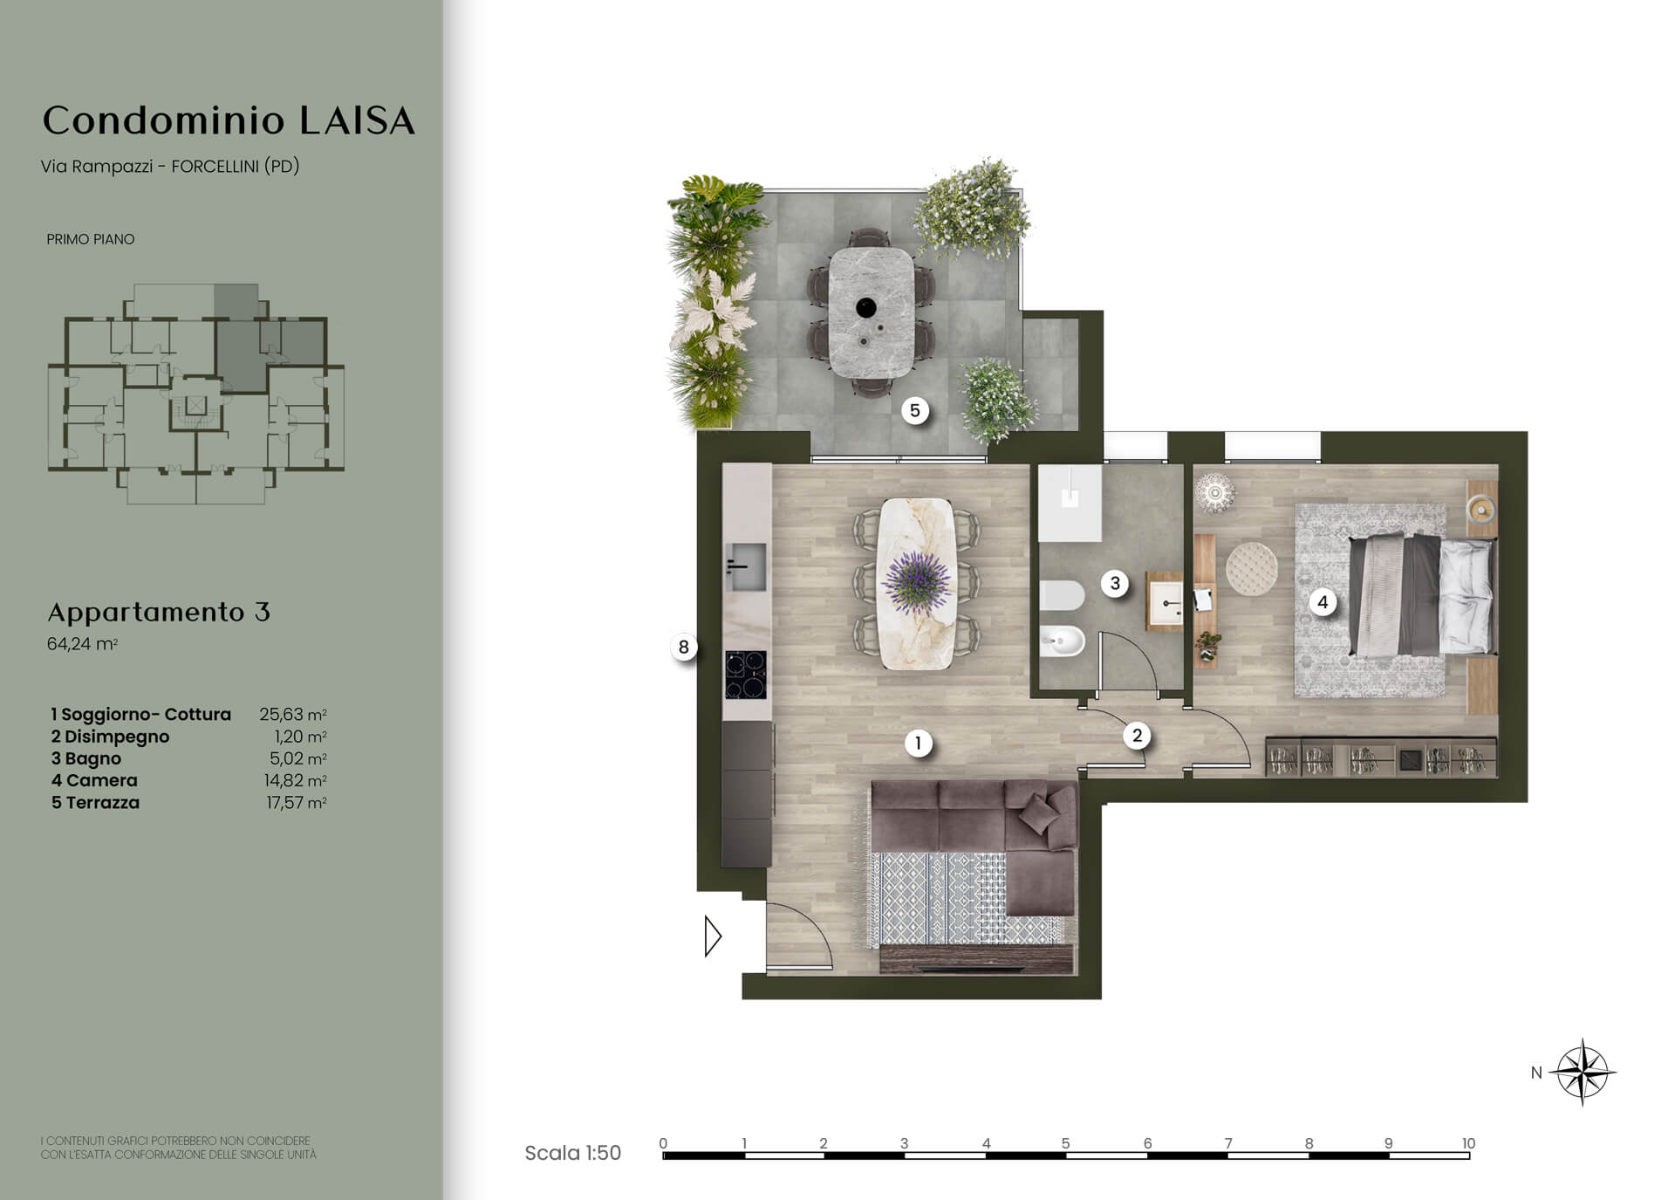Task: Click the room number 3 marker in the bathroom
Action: pyautogui.click(x=1115, y=583)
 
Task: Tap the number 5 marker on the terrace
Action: pyautogui.click(x=914, y=410)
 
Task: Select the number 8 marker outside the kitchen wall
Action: pyautogui.click(x=683, y=647)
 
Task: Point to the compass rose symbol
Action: pyautogui.click(x=1583, y=1072)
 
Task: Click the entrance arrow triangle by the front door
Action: pyautogui.click(x=713, y=936)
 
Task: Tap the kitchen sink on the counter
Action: pyautogui.click(x=746, y=566)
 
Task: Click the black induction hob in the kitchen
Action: pyautogui.click(x=746, y=675)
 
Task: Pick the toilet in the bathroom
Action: pyautogui.click(x=1062, y=597)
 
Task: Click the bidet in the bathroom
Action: pyautogui.click(x=1062, y=642)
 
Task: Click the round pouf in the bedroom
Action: pyautogui.click(x=1252, y=568)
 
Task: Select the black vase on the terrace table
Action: pyautogui.click(x=866, y=307)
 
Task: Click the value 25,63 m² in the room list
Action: pyautogui.click(x=293, y=714)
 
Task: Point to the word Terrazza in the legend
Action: pyautogui.click(x=103, y=802)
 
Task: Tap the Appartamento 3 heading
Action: pyautogui.click(x=159, y=612)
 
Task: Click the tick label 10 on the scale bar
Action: pyautogui.click(x=1468, y=1142)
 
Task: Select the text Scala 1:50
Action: pyautogui.click(x=572, y=1153)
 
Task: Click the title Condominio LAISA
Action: pyautogui.click(x=229, y=120)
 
